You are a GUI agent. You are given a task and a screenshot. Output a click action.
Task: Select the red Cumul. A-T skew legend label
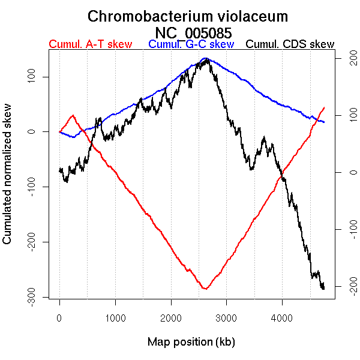click(90, 44)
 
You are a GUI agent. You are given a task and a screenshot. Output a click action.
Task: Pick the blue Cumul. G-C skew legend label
click(191, 44)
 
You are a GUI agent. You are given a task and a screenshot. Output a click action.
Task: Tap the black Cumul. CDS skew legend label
click(290, 44)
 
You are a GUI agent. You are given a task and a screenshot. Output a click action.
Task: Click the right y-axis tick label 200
click(346, 58)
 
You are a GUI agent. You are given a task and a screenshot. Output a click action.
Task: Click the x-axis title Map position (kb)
click(191, 342)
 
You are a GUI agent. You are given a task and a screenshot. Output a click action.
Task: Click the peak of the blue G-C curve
click(205, 58)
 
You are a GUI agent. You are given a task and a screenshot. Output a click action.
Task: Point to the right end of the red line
click(324, 107)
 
